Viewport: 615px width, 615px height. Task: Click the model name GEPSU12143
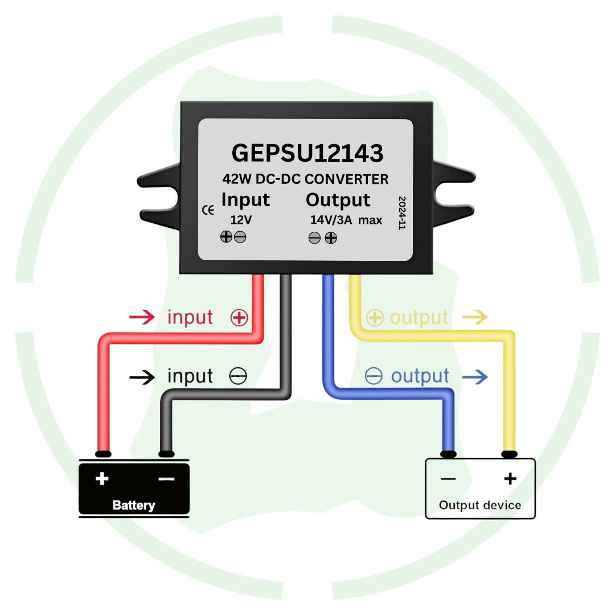click(307, 154)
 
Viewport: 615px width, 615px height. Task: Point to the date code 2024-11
click(402, 213)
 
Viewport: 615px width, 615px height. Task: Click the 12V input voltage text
click(241, 220)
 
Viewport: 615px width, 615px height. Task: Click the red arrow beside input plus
click(142, 317)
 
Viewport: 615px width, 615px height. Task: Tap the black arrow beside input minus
click(142, 376)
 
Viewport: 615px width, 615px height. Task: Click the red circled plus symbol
click(239, 318)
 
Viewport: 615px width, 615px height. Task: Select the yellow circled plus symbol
click(374, 318)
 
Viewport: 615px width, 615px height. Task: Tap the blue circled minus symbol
click(374, 376)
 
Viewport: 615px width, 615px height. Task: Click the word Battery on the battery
click(134, 505)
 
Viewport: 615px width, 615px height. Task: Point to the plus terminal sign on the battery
click(102, 478)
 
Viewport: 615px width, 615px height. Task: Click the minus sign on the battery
click(166, 478)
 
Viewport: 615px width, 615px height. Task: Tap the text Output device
click(480, 505)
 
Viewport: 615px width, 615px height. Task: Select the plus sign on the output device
click(510, 478)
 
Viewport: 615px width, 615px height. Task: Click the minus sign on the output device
click(448, 479)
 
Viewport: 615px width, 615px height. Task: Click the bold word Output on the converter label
click(338, 200)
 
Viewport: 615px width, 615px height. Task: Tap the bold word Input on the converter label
click(245, 200)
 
